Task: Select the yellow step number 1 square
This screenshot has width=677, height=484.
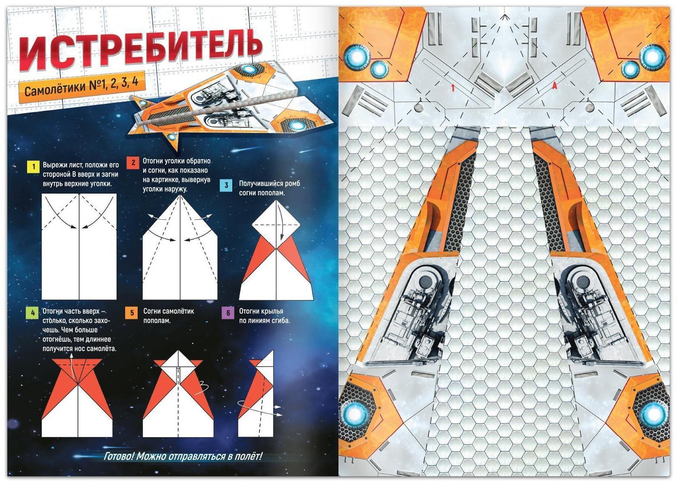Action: coord(34,166)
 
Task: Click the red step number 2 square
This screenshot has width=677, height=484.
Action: coord(133,163)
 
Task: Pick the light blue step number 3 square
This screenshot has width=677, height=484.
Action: coord(227,185)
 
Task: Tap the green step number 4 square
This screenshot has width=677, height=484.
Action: coord(33,313)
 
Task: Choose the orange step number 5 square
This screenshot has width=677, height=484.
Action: coord(132,313)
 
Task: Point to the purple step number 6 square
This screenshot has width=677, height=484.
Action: coord(228,313)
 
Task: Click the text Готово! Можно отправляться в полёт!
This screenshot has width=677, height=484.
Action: coord(183,456)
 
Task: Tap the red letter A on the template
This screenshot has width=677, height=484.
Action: coord(554,86)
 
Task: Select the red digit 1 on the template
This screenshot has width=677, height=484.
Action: coord(453,88)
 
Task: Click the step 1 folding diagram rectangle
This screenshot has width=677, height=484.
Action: coord(79,247)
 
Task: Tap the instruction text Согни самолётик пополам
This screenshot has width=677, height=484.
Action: coord(168,316)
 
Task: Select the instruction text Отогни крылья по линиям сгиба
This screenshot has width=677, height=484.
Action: coord(265,316)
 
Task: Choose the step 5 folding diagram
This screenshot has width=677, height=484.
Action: coord(178,394)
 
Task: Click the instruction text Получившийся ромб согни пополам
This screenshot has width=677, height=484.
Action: coord(269,188)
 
